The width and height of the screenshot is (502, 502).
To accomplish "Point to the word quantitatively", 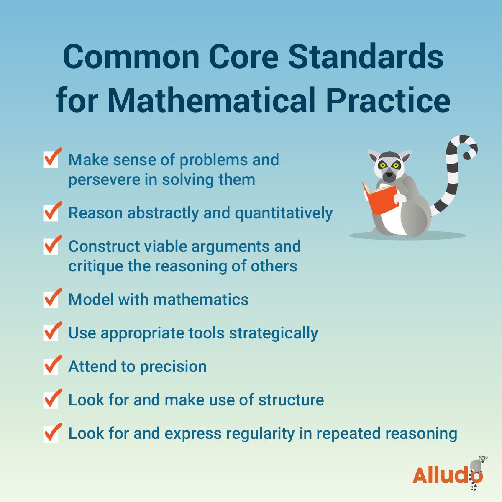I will (284, 213).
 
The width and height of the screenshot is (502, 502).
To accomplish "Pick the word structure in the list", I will (291, 400).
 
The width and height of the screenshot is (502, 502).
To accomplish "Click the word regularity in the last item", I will (261, 434).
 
